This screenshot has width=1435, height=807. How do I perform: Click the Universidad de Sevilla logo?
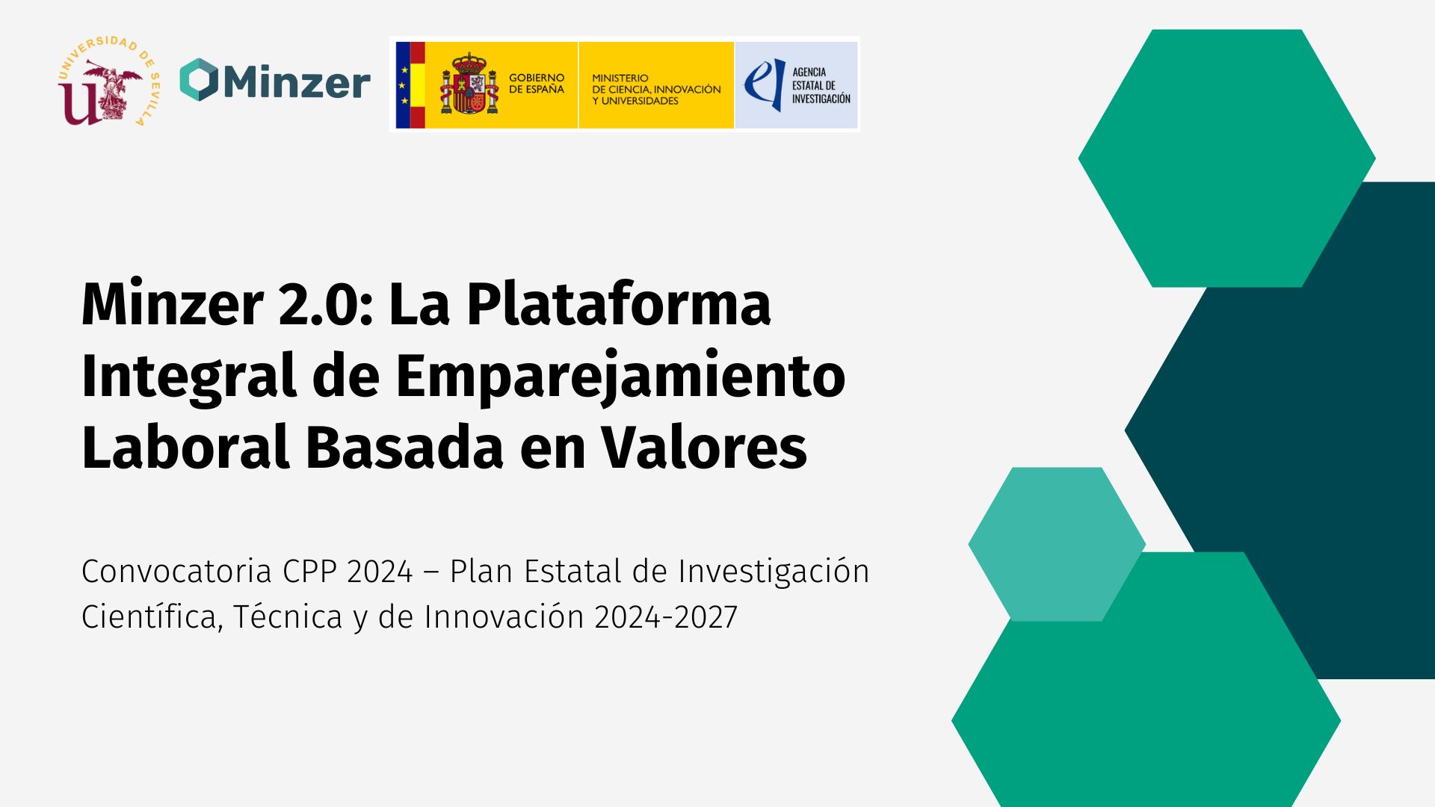click(109, 81)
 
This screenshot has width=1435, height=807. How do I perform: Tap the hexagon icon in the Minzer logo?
click(199, 80)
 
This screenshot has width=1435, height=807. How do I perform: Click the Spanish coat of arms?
click(469, 84)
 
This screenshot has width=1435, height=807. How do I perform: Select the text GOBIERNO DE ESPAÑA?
click(537, 84)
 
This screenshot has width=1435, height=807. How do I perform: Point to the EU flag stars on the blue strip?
click(404, 84)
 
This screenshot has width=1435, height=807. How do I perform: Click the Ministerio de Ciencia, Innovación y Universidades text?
click(656, 89)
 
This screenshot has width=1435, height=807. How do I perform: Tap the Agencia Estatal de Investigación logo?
click(797, 85)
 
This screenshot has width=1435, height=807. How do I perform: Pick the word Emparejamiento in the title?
click(620, 377)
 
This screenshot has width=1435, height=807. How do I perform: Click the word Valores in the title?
click(704, 448)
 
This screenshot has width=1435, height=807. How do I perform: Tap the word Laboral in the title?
click(185, 448)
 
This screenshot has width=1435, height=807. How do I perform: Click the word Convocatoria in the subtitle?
click(176, 572)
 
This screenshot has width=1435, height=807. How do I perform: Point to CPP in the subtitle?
click(309, 572)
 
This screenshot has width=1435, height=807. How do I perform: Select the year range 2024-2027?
click(666, 617)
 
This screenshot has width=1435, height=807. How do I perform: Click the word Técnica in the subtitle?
click(288, 617)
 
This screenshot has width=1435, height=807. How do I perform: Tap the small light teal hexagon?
click(1057, 544)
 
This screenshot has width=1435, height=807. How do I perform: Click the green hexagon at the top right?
click(1226, 158)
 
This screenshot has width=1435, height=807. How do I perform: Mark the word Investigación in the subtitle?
click(774, 572)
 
